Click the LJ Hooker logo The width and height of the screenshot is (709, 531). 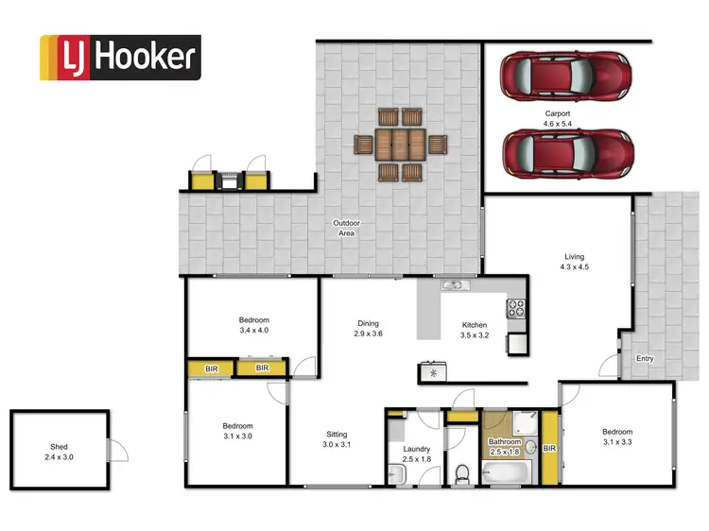click(x=119, y=58)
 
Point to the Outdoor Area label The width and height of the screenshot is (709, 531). click(x=346, y=228)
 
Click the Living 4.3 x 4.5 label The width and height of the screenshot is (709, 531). click(x=574, y=262)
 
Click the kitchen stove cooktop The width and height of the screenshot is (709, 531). click(x=517, y=307)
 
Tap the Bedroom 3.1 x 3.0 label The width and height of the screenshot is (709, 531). click(x=237, y=431)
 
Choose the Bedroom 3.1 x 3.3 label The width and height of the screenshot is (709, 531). click(x=618, y=436)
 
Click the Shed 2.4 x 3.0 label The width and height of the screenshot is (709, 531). click(x=59, y=452)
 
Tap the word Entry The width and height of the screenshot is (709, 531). click(x=644, y=358)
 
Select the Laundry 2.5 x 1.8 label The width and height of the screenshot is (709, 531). click(x=416, y=454)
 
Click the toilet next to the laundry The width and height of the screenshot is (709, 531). click(x=459, y=471)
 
